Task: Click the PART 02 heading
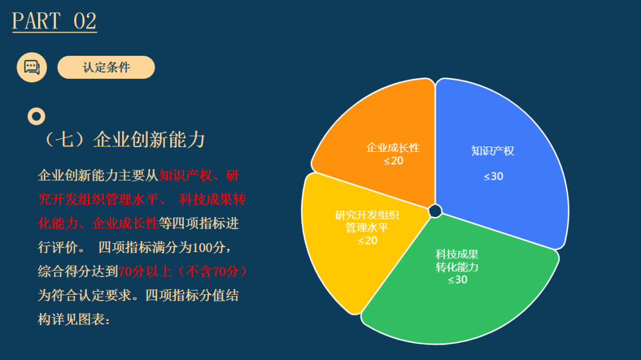click(55, 21)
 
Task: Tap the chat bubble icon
click(32, 68)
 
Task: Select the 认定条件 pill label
click(106, 68)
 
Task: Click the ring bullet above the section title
click(36, 116)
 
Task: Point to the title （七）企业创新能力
click(123, 140)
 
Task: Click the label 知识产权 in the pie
click(493, 151)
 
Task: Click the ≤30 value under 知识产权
click(493, 177)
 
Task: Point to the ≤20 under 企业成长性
click(394, 161)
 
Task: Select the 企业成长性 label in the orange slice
click(393, 148)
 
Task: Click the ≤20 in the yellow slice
click(367, 241)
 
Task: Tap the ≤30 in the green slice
click(458, 280)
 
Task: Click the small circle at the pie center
click(436, 211)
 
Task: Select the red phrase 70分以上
click(145, 271)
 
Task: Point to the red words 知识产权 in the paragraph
click(185, 176)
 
